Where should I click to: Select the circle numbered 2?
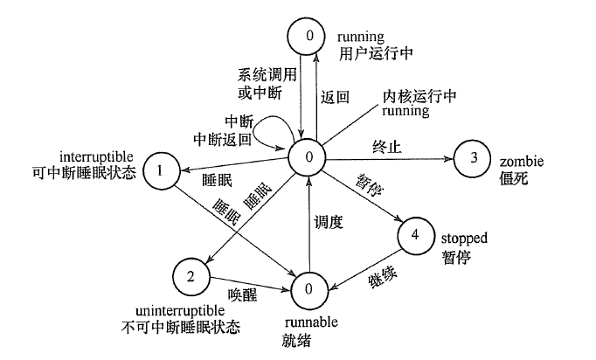click(x=190, y=277)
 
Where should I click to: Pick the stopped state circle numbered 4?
click(x=415, y=235)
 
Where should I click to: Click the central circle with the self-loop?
click(x=309, y=156)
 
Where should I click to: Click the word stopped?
click(x=464, y=237)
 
